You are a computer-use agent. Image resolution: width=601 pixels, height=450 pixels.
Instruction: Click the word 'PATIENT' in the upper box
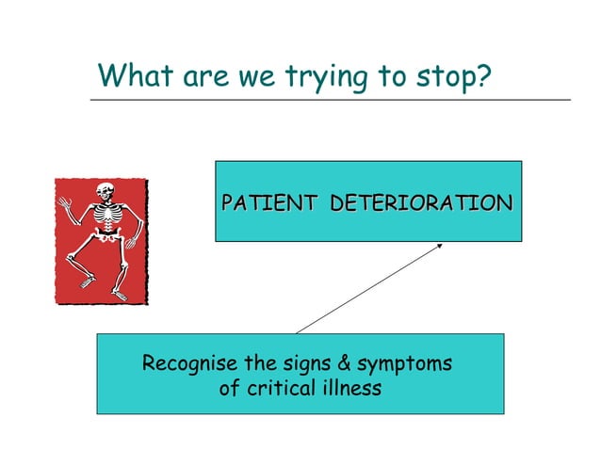270,202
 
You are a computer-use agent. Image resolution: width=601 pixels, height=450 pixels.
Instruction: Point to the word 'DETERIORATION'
421,202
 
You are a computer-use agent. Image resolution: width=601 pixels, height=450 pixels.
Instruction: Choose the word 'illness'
349,388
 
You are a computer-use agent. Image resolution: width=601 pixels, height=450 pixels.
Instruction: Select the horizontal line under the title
330,99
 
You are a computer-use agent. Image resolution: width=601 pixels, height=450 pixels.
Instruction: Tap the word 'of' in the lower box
229,388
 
